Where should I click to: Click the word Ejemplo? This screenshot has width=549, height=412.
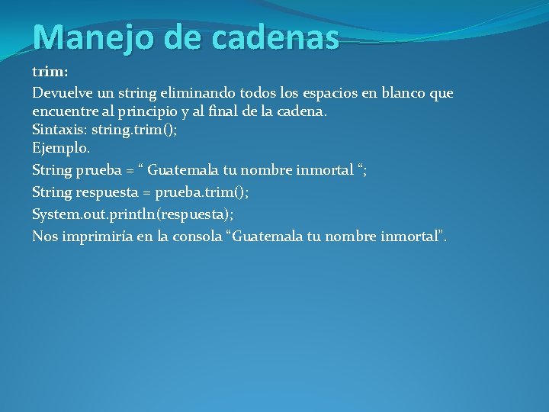61,148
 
